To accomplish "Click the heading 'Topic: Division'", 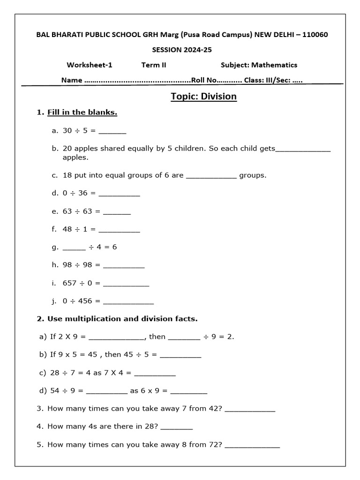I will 203,97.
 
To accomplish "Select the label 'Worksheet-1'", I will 90,65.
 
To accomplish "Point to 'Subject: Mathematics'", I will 259,65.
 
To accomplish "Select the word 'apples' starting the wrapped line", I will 75,157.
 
